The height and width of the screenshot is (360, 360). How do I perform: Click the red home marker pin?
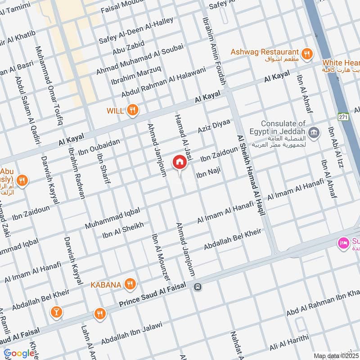click(x=179, y=162)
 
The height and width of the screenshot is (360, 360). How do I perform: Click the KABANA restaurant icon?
click(x=130, y=284)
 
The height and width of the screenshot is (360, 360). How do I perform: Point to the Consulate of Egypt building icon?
click(x=315, y=133)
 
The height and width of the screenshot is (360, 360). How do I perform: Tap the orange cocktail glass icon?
click(x=57, y=311)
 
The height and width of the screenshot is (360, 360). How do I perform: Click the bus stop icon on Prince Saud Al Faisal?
click(x=197, y=287)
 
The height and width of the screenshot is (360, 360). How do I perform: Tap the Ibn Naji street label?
click(x=207, y=171)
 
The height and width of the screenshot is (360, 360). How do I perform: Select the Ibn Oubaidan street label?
click(x=99, y=148)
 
